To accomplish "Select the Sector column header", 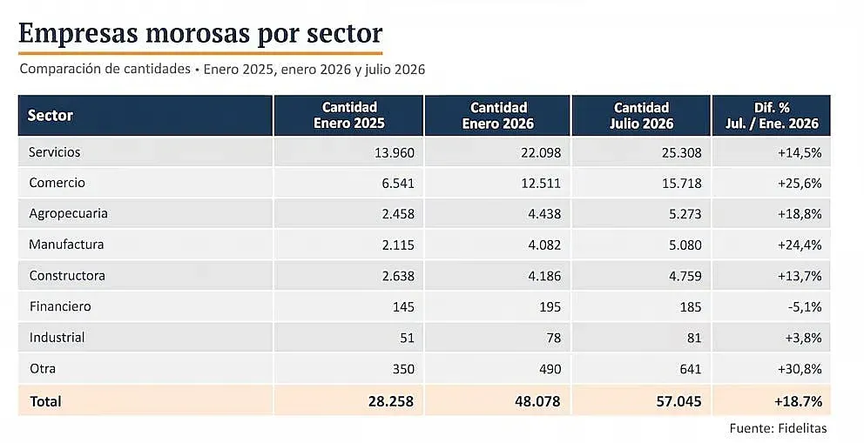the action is point(51,116).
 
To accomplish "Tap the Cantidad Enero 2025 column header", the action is point(348,116).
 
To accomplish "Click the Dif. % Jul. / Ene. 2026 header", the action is point(772,116).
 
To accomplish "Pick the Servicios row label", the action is point(55,152).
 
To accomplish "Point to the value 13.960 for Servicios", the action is point(395,153).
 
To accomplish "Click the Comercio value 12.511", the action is point(541,184).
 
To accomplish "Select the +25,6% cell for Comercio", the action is point(800,184).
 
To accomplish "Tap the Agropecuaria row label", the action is point(68,214).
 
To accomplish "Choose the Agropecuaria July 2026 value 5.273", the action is point(685,214).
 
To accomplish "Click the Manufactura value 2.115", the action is point(398,245).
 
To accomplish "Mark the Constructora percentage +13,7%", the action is point(800,276).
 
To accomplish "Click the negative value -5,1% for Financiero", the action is point(805,306).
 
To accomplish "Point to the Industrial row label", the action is point(57,338).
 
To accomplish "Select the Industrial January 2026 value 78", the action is point(553,338).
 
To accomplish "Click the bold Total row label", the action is point(46,402).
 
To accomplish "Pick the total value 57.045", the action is point(678,402).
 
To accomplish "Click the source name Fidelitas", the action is point(803,428).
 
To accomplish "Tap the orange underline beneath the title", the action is point(200,53).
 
